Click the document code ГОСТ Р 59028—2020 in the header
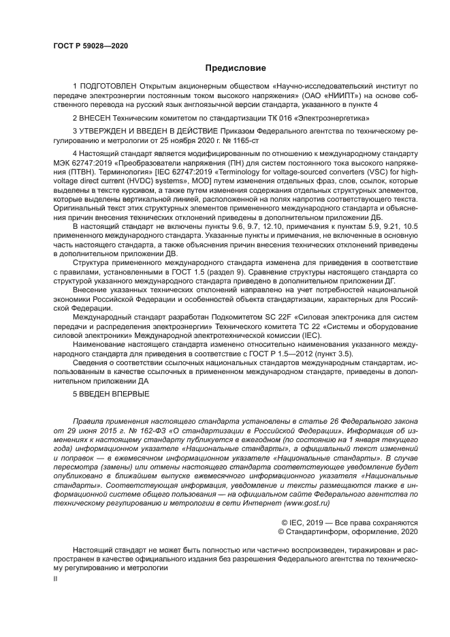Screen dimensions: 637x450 [90, 46]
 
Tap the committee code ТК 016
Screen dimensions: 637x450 [244, 117]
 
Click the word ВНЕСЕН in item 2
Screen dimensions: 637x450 [96, 117]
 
